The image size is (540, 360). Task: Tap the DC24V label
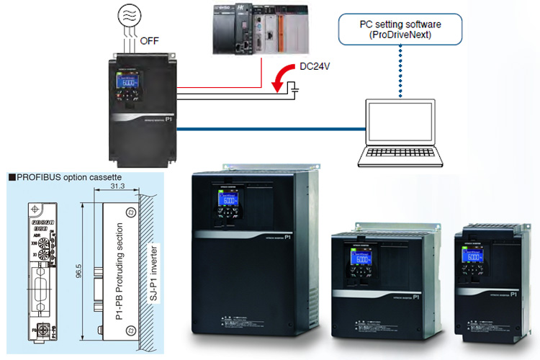[x=315, y=70]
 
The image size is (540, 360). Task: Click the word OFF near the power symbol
[x=150, y=40]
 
